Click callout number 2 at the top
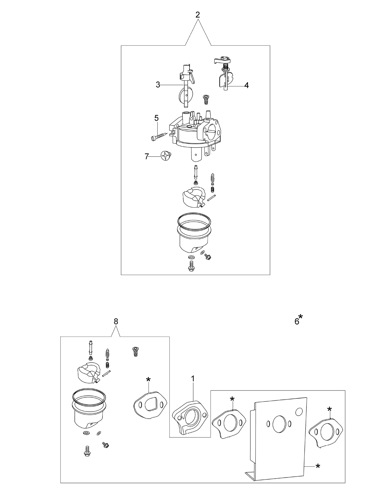pos(197,15)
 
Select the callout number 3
pos(158,85)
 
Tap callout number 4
pos(246,85)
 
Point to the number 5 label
pos(156,118)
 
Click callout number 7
pos(147,156)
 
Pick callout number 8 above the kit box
pos(116,322)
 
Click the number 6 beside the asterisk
pos(297,322)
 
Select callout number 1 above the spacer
pos(193,379)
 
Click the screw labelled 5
pos(160,136)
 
